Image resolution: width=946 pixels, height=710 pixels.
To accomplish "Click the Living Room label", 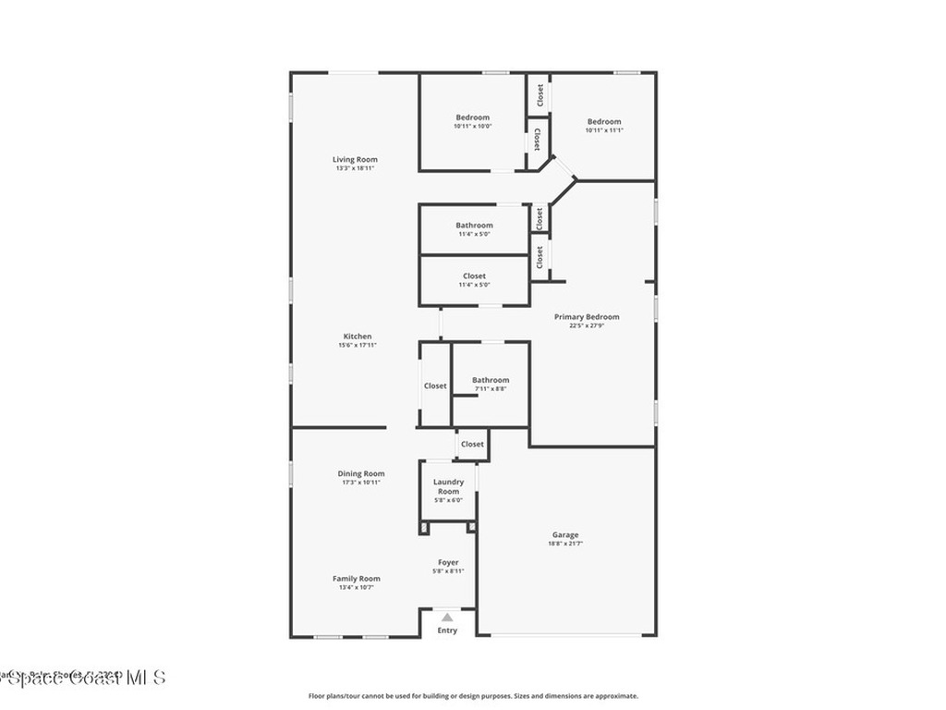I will coord(355,159).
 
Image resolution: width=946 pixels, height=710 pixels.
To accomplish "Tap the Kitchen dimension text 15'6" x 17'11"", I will coord(358,345).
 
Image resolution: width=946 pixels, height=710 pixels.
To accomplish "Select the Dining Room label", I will coord(360,473).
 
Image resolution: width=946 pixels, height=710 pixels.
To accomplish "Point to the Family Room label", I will coord(356,579).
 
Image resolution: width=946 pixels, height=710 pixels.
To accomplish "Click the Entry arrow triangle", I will coord(447,617).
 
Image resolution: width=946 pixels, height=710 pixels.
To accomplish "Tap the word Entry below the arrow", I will coord(447,630).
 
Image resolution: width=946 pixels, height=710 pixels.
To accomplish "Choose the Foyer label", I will coord(448,562).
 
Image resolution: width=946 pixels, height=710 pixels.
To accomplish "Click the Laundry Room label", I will coord(448,486).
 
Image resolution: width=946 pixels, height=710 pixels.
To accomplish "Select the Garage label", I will coord(565,534).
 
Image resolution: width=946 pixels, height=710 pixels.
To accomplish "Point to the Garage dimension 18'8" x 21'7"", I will coord(565,544).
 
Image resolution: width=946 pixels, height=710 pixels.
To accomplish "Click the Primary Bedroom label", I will coord(587,316).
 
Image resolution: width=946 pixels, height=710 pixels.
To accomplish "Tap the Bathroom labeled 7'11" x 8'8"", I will coord(490,380).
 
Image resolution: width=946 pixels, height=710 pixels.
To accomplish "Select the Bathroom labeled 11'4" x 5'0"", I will coord(474,225).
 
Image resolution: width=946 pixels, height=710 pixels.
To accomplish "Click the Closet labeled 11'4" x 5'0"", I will coord(474,275).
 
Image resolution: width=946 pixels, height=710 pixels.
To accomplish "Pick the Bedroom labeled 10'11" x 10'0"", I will coord(472,117).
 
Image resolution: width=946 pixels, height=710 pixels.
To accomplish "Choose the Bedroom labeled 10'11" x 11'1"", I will coord(604,121).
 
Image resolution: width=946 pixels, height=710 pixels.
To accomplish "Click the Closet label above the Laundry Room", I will coord(472,444).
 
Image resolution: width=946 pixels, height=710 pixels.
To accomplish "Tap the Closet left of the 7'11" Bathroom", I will coord(435,386).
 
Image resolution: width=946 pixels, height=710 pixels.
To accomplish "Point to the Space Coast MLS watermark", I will coord(83,679).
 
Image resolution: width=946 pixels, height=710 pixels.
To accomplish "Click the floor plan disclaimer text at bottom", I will coord(472,696).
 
